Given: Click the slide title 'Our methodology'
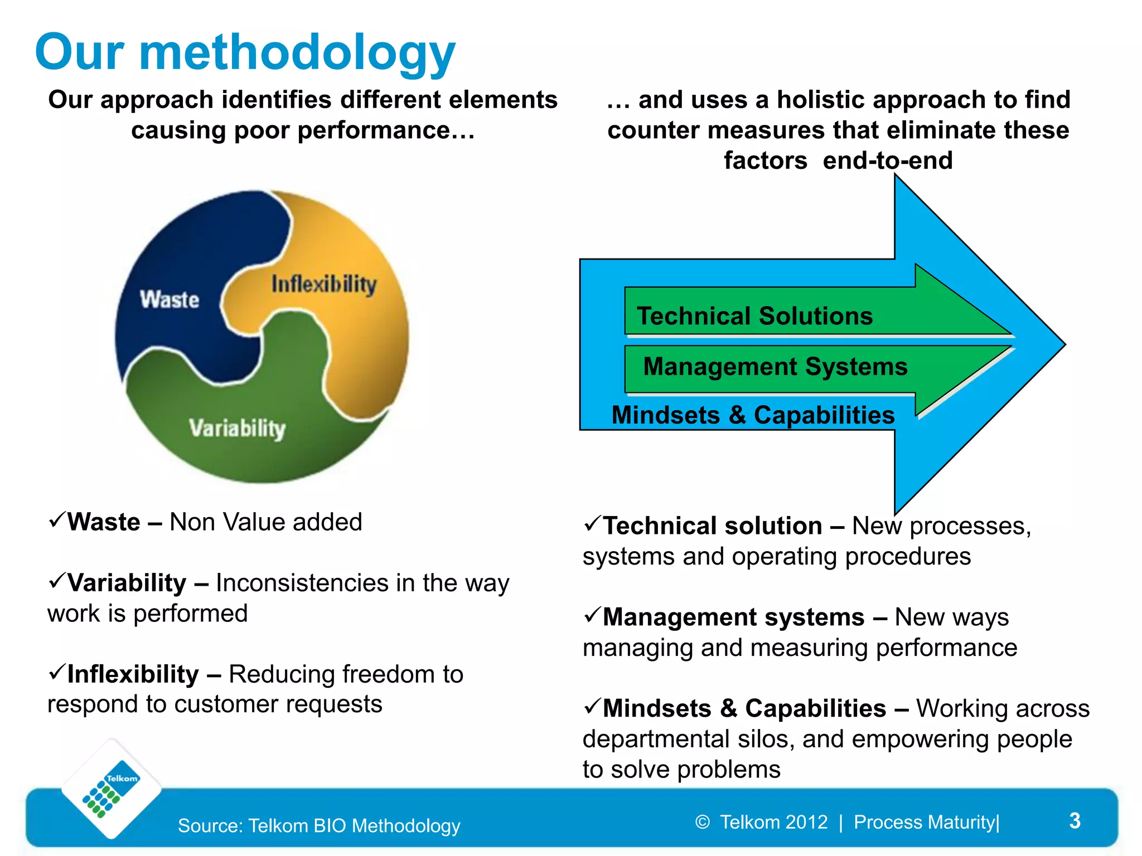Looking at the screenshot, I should tap(245, 53).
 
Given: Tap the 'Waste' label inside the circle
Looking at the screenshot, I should tap(170, 300).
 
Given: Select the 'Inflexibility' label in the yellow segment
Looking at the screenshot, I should tap(324, 284).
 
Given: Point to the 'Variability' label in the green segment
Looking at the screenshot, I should tap(237, 429).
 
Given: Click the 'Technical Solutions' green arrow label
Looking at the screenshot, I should tap(754, 316).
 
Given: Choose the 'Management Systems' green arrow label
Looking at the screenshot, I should tap(775, 367).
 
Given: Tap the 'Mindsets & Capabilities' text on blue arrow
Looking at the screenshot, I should tap(753, 415).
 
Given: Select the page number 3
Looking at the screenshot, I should tap(1075, 820).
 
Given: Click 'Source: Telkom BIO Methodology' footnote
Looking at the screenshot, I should tap(319, 825).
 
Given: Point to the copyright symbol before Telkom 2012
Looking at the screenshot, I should tap(703, 822).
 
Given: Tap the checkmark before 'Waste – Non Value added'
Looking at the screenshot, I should tap(57, 520).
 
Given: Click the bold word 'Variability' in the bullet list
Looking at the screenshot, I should tap(127, 583).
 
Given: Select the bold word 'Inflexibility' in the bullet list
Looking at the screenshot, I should tap(133, 674).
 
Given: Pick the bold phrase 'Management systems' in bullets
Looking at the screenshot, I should tap(733, 617).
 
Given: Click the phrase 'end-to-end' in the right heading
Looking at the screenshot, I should tap(888, 160).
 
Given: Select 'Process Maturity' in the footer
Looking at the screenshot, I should tap(925, 822).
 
